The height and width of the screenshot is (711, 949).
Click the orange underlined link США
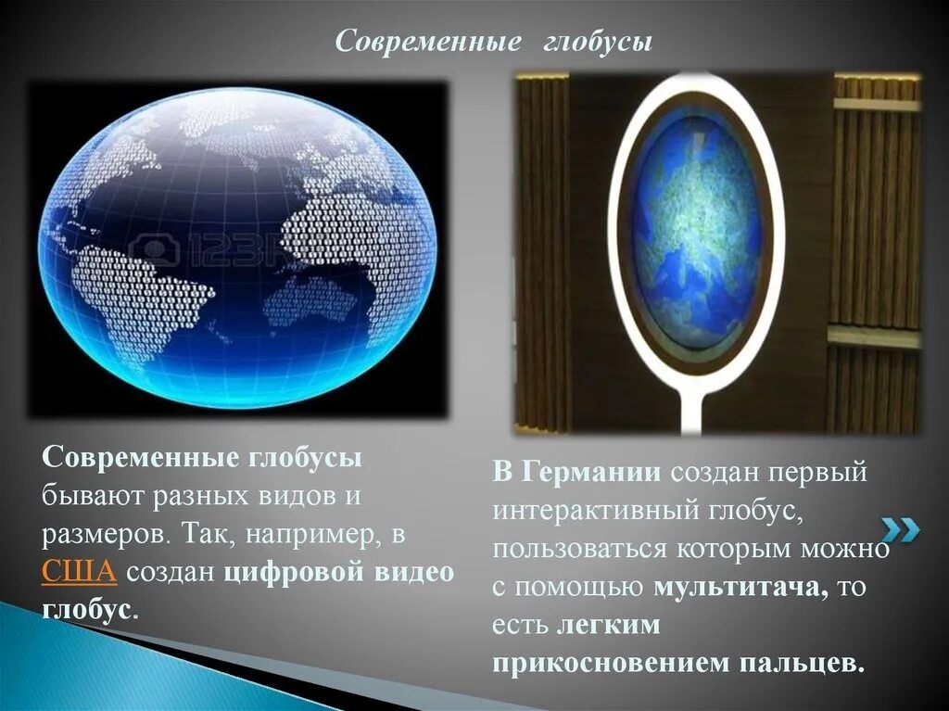point(79,572)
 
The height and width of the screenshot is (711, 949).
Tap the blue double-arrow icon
point(901,530)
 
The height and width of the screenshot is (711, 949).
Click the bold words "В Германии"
point(576,471)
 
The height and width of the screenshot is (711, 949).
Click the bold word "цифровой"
point(295,572)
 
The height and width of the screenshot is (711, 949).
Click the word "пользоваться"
point(580,549)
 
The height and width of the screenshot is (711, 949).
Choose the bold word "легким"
point(608,625)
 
